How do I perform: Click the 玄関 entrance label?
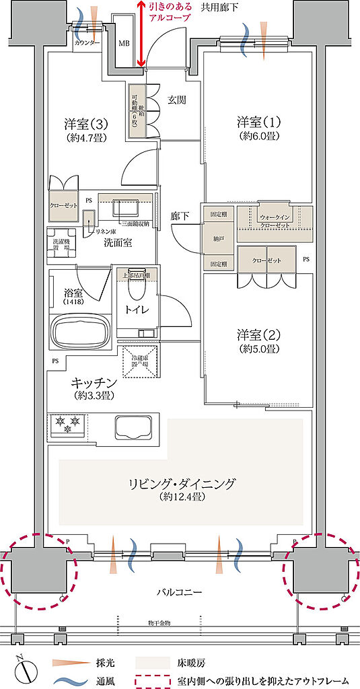(176, 100)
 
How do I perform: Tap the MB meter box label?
(124, 44)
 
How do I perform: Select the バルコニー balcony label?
(180, 591)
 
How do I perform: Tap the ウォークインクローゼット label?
(274, 220)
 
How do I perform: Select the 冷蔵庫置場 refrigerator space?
(140, 361)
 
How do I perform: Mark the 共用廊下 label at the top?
(219, 7)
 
